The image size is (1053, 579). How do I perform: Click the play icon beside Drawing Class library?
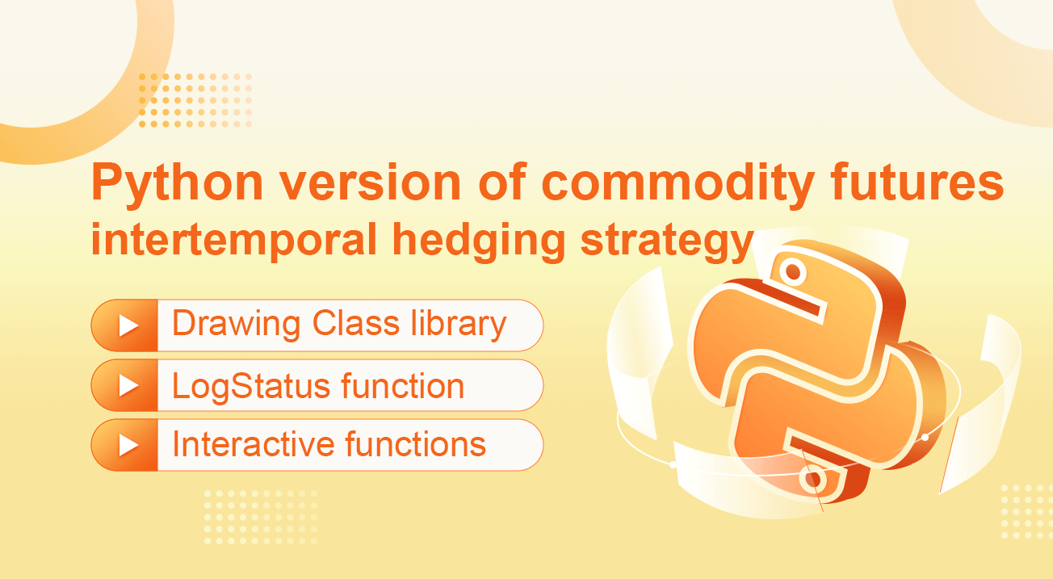click(x=128, y=325)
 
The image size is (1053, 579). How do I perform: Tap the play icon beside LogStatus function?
click(x=128, y=385)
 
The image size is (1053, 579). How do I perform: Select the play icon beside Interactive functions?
click(x=128, y=445)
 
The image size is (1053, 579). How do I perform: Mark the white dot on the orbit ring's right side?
click(x=925, y=437)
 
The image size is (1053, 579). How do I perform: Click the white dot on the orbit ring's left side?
click(x=673, y=464)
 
